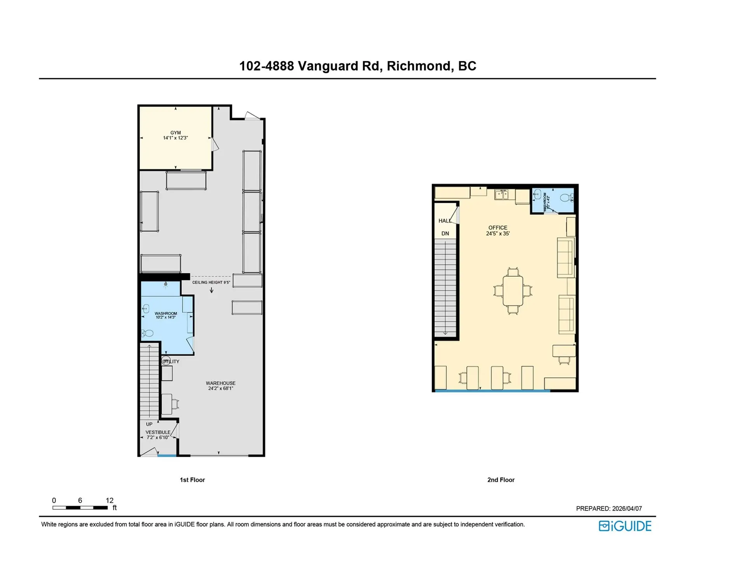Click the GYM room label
[x=175, y=133]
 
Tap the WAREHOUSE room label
[x=220, y=383]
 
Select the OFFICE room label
[x=498, y=228]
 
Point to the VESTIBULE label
[x=158, y=432]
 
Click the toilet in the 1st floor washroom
[x=148, y=333]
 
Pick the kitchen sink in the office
[x=501, y=194]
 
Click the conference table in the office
[x=513, y=291]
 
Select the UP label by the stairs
[x=149, y=424]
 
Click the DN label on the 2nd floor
[x=445, y=234]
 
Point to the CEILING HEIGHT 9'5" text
[x=211, y=282]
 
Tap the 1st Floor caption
[x=192, y=480]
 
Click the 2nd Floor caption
[x=501, y=480]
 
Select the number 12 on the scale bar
[x=110, y=500]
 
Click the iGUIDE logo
[x=625, y=526]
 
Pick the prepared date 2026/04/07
[x=627, y=509]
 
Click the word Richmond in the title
[x=420, y=66]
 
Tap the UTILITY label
[x=171, y=362]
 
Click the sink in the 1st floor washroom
[x=146, y=309]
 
